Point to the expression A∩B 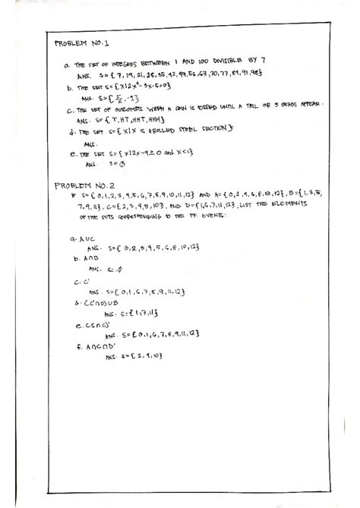81,257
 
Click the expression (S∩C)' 85,323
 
